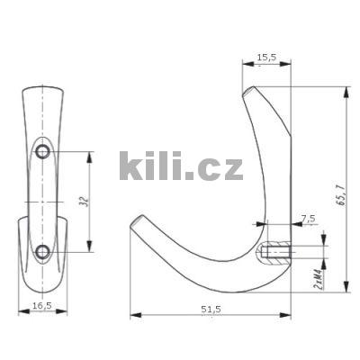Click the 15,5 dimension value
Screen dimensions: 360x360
pos(266,58)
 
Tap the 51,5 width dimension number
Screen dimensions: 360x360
pos(210,309)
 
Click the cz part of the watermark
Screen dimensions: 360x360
pos(220,168)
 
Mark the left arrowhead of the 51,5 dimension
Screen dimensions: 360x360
pos(134,315)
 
